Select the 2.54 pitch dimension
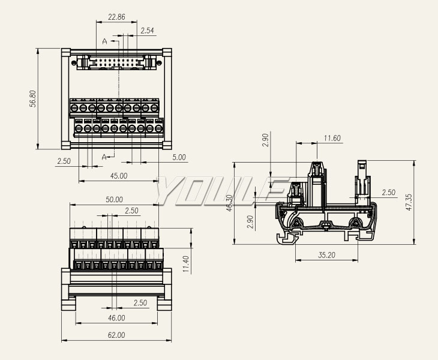[x=147, y=30]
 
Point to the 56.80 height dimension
[x=33, y=98]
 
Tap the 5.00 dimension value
[x=179, y=158]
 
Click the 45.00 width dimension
[x=119, y=176]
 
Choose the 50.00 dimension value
[x=114, y=200]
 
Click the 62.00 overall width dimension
[x=116, y=335]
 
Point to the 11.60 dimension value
[x=332, y=139]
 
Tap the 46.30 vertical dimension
[x=229, y=203]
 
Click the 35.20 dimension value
[x=326, y=255]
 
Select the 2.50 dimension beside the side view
[x=388, y=193]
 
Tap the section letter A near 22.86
[x=105, y=41]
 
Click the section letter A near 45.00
[x=105, y=157]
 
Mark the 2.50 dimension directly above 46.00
[x=140, y=303]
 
